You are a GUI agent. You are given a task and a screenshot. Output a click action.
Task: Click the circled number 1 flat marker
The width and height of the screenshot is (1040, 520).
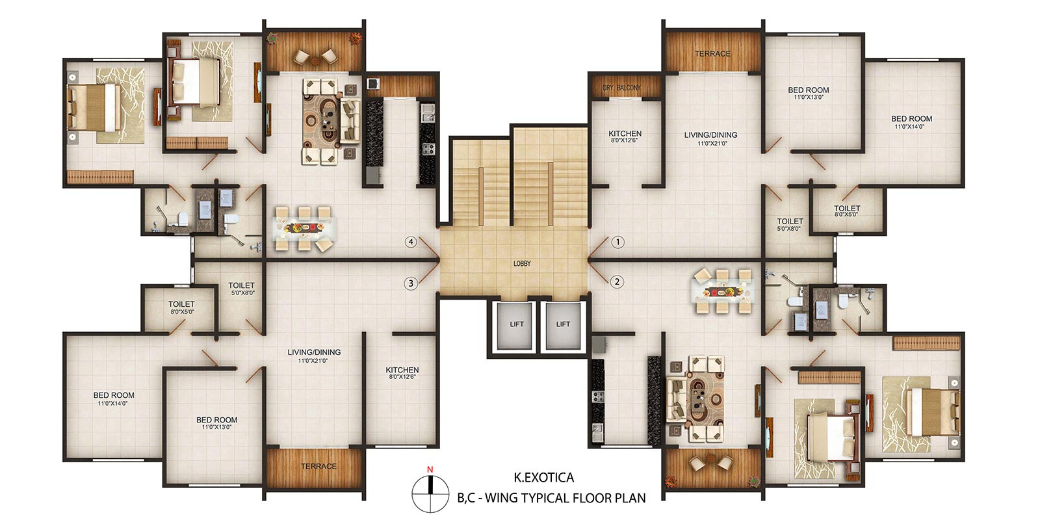click(617, 242)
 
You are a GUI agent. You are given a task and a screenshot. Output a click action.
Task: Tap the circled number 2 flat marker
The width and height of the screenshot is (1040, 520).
click(617, 281)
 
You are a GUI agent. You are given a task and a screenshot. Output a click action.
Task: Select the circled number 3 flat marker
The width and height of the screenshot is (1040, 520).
click(410, 283)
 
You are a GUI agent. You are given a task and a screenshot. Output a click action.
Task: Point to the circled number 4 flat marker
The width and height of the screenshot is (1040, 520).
click(410, 242)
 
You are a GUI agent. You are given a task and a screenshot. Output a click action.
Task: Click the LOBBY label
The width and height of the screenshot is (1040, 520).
click(522, 263)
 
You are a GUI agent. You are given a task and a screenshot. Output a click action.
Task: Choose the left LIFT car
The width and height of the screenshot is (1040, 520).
click(514, 326)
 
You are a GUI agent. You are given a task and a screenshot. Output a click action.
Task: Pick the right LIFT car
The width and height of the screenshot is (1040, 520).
click(563, 326)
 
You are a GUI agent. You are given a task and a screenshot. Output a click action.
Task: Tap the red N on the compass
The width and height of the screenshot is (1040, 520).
click(430, 469)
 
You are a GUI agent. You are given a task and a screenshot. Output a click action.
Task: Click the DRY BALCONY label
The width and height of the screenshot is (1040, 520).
click(621, 87)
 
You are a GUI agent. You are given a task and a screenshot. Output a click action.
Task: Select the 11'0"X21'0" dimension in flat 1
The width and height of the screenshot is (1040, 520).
click(711, 144)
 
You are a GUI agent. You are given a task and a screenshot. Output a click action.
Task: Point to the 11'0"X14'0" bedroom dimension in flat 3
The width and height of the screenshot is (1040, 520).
click(113, 404)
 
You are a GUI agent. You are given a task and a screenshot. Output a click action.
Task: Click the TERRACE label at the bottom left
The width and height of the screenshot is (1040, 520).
click(318, 466)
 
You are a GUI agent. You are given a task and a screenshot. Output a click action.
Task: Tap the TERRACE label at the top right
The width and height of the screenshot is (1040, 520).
click(712, 54)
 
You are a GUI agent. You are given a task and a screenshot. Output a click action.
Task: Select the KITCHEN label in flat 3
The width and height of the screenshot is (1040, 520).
click(402, 370)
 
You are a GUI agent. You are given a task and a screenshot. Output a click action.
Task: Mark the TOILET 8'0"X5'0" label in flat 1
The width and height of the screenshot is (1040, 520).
click(847, 211)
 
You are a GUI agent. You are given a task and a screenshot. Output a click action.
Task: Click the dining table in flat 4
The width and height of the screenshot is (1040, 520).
click(304, 228)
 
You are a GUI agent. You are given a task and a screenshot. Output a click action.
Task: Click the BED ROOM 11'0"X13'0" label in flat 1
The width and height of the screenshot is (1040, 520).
click(809, 93)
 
